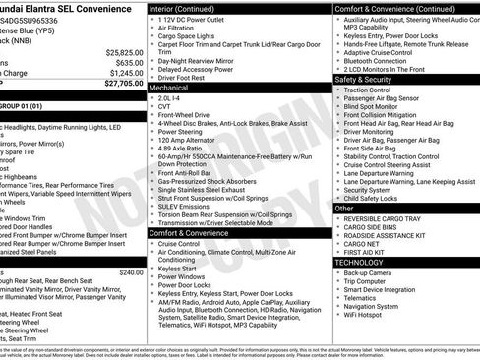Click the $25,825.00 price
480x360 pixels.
point(121,52)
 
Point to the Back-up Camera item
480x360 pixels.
point(372,272)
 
